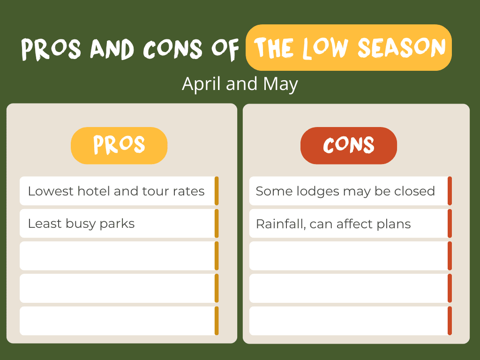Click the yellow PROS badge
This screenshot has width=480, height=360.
coord(119,145)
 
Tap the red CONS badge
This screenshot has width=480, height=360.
coord(349,145)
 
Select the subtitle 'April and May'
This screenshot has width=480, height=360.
coord(240,84)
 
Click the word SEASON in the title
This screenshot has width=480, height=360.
coord(402,47)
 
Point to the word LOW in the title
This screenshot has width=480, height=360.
coord(326,48)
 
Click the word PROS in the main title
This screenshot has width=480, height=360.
coord(51,49)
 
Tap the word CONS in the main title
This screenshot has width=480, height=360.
coord(172,49)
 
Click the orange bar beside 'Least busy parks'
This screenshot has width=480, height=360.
coord(217,224)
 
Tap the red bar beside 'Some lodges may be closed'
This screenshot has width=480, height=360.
coord(450,191)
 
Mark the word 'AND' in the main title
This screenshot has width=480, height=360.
coord(112,49)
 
